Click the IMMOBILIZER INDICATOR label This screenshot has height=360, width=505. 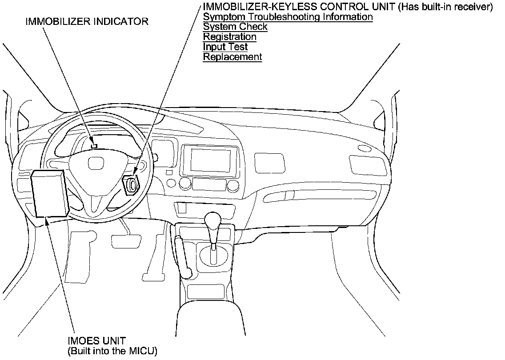coord(87,21)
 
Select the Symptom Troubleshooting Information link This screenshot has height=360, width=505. coord(288,17)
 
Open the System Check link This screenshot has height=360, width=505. coord(235,27)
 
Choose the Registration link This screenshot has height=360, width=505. coord(229,37)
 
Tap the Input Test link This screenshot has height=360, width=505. coord(225,47)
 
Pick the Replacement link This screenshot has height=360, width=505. coord(232,57)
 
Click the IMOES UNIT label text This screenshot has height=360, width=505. coord(96,341)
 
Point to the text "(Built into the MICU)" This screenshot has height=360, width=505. coord(112,351)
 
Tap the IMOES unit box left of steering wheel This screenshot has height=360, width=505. coord(50,194)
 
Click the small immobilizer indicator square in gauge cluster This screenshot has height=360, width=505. coord(94,145)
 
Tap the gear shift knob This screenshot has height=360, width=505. coord(212,220)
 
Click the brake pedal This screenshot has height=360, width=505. coord(124,241)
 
